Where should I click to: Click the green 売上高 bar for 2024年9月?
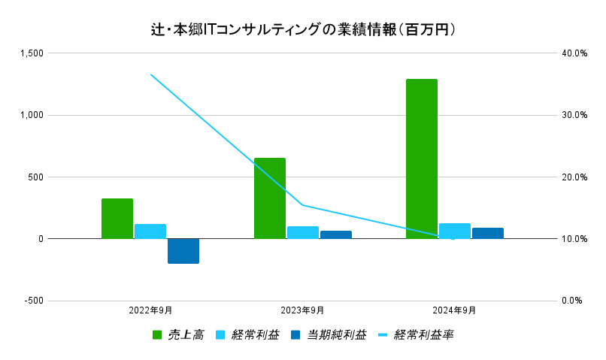[421, 159]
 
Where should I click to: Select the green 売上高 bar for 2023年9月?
[269, 198]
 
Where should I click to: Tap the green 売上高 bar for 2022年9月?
[117, 219]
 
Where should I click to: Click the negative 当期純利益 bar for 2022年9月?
[183, 251]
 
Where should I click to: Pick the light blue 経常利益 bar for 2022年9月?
[150, 231]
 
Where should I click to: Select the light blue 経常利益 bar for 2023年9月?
[302, 232]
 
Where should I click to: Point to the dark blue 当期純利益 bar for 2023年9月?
[335, 234]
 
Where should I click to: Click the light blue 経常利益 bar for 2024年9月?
[454, 231]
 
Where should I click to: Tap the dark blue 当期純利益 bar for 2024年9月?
[487, 233]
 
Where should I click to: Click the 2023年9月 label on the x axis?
[302, 310]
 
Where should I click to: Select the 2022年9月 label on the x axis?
[150, 310]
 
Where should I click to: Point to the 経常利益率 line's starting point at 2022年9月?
[150, 74]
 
